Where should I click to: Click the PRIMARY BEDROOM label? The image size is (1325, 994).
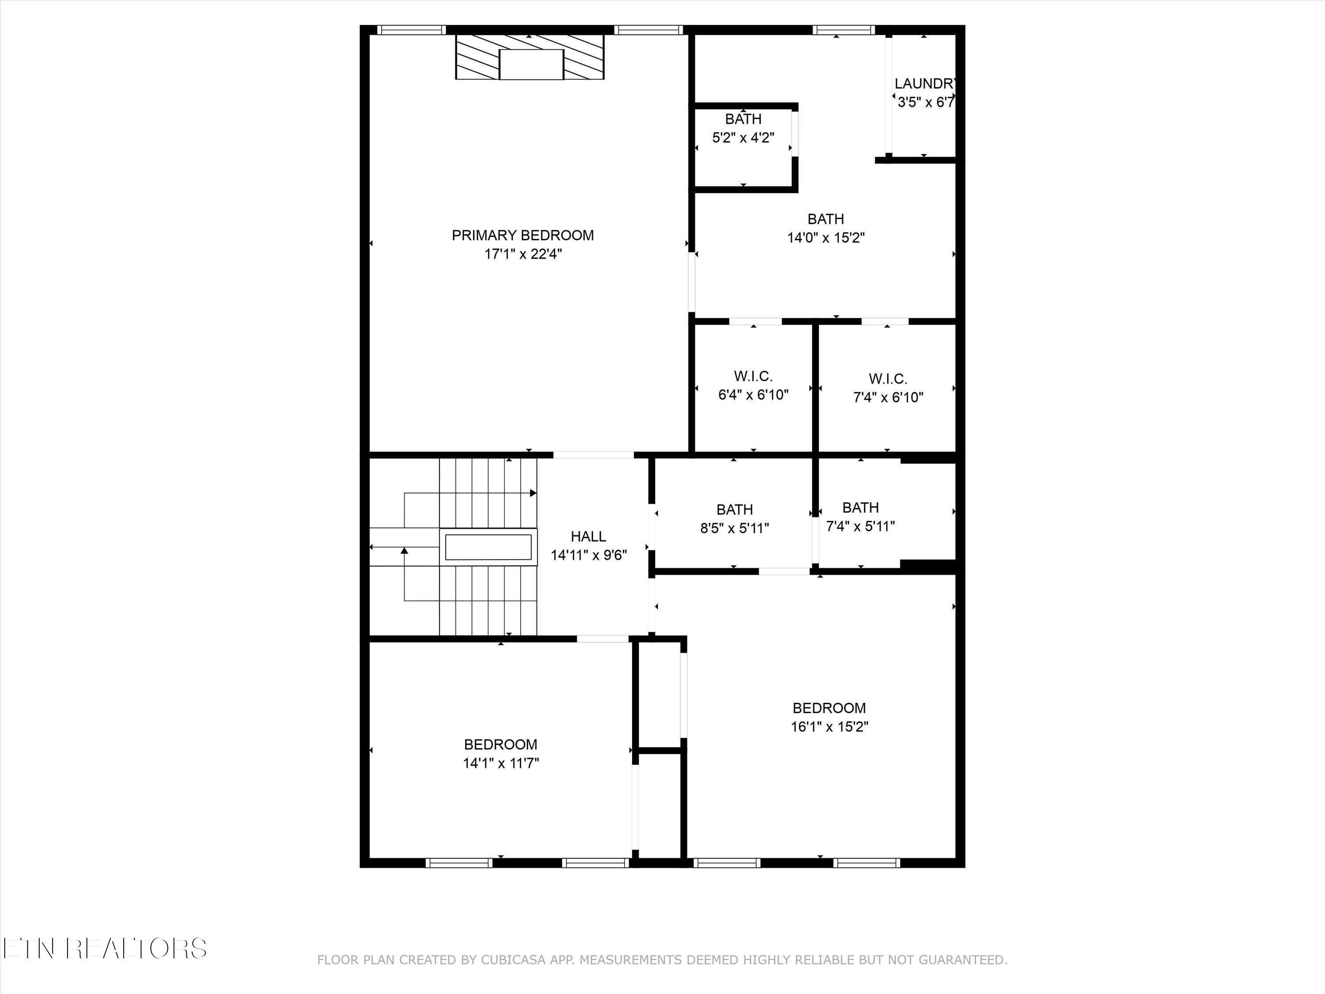point(522,235)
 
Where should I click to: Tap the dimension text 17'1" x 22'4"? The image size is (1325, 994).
point(522,254)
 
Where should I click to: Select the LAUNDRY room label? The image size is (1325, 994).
point(925,84)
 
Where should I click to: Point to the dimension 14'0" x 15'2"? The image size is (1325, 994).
point(825,238)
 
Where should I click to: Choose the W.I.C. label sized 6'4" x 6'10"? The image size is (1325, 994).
point(753,376)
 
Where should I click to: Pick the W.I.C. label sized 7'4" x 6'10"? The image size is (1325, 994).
point(888,379)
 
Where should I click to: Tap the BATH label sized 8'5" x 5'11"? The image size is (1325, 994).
point(734,510)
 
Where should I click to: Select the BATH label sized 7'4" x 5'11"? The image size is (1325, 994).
point(860,508)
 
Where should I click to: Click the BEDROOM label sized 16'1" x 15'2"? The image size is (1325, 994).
point(829,708)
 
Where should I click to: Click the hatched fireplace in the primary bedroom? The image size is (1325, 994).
point(530,57)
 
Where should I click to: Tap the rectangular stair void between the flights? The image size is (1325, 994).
point(488,547)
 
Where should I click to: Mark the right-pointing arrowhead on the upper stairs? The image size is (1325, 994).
point(533,493)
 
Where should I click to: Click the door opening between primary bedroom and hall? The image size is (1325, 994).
point(593,455)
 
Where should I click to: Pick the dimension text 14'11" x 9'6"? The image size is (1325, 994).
point(588,555)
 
